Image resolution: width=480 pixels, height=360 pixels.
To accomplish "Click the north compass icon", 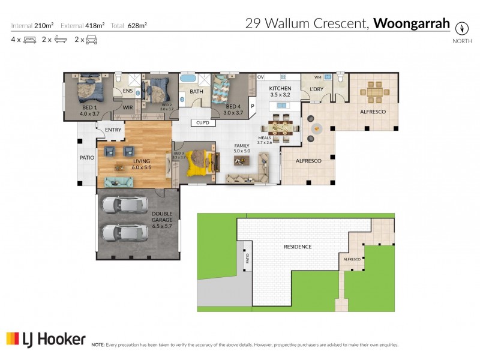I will pos(461,28).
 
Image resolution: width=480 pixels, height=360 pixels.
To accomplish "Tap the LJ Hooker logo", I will pos(46,339).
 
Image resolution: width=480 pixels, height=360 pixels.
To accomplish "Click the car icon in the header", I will pos(91,40).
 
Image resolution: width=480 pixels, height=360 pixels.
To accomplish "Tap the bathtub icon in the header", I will pos(59,40).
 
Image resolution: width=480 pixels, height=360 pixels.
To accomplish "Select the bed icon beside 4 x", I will pos(28,40).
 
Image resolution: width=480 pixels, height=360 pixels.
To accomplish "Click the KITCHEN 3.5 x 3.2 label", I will pos(280,92).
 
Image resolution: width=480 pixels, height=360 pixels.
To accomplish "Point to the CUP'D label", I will pos(202,123).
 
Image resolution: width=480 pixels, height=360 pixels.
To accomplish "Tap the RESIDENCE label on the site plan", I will pos(298,247).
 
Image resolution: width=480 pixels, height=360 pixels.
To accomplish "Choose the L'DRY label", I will pos(317,89).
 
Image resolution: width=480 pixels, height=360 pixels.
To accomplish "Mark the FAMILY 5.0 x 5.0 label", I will pos(244,148).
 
